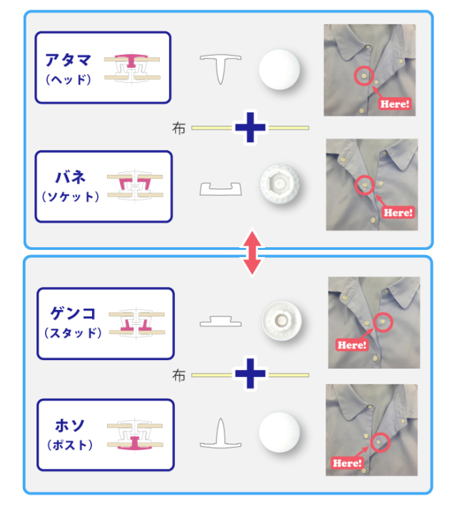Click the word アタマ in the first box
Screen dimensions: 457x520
68,60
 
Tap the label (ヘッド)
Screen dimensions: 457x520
69,79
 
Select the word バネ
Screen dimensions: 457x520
71,177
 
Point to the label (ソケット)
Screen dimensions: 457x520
70,197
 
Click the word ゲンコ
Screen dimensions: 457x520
73,314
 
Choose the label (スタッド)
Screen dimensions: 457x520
73,333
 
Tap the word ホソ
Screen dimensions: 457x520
70,426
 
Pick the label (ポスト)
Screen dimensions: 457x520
70,445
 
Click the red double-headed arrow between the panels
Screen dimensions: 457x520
252,254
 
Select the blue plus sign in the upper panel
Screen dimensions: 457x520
251,127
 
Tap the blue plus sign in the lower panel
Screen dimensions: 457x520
251,374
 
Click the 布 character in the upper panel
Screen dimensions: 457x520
179,128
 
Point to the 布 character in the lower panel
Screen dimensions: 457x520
179,376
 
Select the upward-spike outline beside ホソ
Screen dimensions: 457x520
221,438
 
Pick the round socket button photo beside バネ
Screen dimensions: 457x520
280,184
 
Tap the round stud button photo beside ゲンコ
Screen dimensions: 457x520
281,321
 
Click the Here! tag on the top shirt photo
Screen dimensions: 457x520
395,104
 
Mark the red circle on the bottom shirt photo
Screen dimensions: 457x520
380,442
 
